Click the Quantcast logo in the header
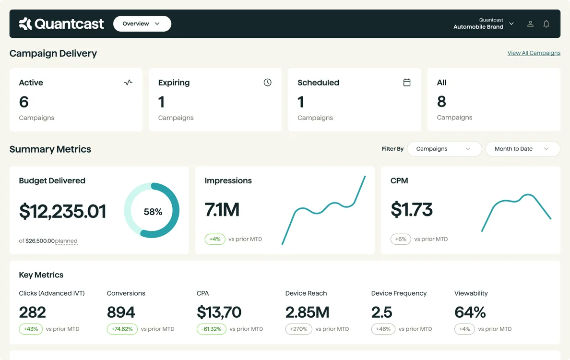tap(61, 24)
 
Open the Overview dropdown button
tap(142, 24)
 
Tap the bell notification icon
tap(546, 24)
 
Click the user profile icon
tap(530, 24)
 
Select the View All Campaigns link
tap(534, 53)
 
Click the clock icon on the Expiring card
tap(267, 83)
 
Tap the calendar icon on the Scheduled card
tap(407, 83)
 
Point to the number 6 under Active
tap(24, 102)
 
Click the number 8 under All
tap(441, 102)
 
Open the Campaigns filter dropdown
tap(444, 149)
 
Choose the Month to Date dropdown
tap(522, 149)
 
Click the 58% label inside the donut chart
tap(153, 212)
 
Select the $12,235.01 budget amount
tap(62, 211)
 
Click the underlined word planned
tap(66, 241)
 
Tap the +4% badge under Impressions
tap(215, 239)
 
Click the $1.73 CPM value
tap(412, 210)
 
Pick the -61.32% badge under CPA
tap(211, 329)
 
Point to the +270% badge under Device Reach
tap(298, 329)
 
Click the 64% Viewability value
tap(470, 312)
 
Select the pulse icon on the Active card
tap(128, 83)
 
